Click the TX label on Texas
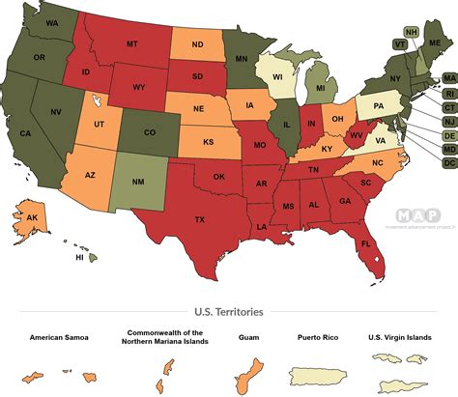(x=200, y=220)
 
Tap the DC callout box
(x=448, y=163)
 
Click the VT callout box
(x=400, y=43)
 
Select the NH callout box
(x=413, y=32)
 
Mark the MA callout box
(x=448, y=78)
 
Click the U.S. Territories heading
(x=228, y=312)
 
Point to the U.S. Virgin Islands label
(x=400, y=338)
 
